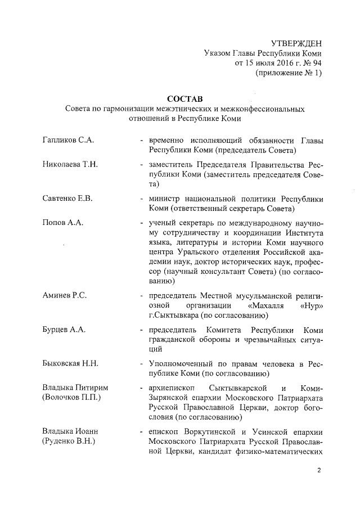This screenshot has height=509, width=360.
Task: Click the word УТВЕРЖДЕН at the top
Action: click(x=296, y=43)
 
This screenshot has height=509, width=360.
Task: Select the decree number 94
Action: click(x=317, y=63)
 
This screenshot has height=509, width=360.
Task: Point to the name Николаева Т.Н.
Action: click(x=70, y=164)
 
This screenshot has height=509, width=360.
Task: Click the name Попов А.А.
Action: click(x=63, y=223)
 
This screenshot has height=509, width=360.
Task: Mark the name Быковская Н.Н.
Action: click(x=71, y=363)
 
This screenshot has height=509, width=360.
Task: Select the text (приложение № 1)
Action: click(x=289, y=73)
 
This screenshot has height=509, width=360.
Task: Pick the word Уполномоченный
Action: click(x=182, y=363)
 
